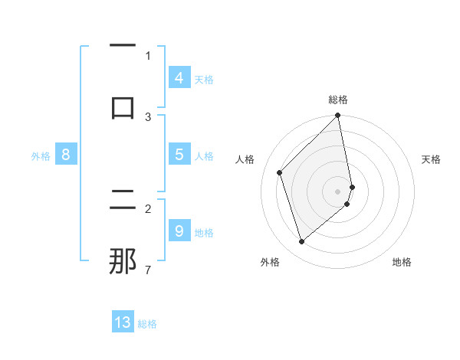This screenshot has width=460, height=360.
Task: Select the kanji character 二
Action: [123, 201]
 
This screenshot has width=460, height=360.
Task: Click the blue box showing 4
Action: [179, 78]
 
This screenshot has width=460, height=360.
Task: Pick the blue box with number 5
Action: [179, 155]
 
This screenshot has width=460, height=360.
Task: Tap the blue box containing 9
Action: [179, 231]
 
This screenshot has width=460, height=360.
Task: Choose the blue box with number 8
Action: [66, 155]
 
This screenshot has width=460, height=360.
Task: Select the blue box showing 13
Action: [123, 322]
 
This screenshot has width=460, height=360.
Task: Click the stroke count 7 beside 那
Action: [148, 270]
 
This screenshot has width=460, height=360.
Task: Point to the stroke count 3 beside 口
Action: [148, 116]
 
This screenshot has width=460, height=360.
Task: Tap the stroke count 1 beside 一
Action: [148, 55]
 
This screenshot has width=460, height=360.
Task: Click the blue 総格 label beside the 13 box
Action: [147, 324]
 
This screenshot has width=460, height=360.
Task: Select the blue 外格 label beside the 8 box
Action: [41, 156]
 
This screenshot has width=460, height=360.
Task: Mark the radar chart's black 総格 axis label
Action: [338, 100]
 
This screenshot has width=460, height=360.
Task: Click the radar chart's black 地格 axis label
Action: [402, 262]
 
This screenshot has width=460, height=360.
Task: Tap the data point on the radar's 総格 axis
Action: [338, 116]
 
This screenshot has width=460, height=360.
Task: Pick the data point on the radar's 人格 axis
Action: [280, 172]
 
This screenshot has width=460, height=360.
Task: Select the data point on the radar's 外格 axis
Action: [302, 242]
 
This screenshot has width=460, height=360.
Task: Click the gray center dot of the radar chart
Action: [338, 191]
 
